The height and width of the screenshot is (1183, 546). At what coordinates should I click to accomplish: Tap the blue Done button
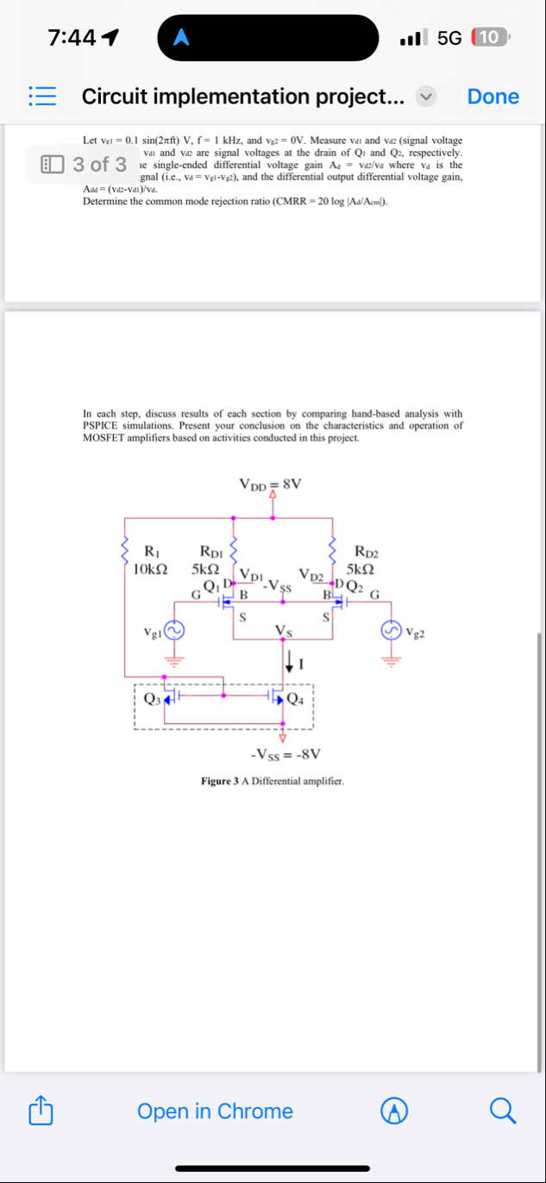pyautogui.click(x=493, y=97)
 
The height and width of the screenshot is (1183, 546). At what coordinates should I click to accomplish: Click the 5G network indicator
pyautogui.click(x=449, y=37)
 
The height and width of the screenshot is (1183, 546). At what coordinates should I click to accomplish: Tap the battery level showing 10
pyautogui.click(x=489, y=37)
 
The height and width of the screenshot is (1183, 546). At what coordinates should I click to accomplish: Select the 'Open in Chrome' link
pyautogui.click(x=215, y=1111)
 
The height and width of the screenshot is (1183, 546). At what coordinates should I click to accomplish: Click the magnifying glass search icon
pyautogui.click(x=505, y=1111)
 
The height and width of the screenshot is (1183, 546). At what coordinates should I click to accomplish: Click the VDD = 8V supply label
pyautogui.click(x=271, y=484)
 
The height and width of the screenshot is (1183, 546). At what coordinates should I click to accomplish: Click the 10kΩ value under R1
pyautogui.click(x=151, y=569)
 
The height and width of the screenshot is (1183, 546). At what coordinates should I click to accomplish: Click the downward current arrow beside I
pyautogui.click(x=289, y=663)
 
